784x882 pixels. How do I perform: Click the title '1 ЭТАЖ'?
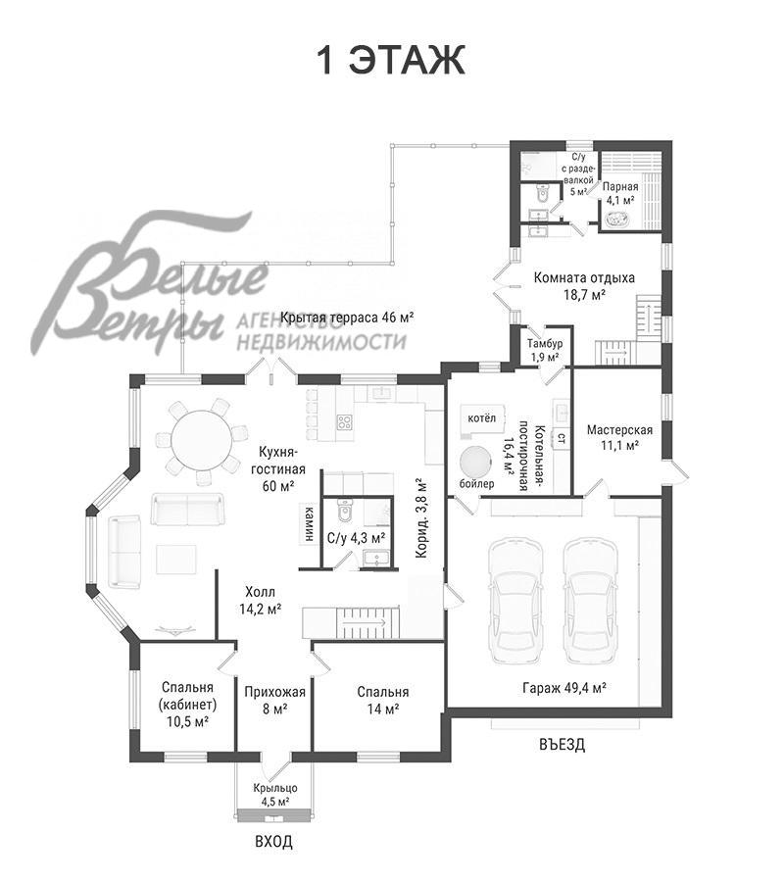pyautogui.click(x=391, y=60)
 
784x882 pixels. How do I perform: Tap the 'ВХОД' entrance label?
pyautogui.click(x=273, y=842)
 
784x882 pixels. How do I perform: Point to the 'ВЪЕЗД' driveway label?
pyautogui.click(x=562, y=744)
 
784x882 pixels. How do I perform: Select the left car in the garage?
pyautogui.click(x=516, y=601)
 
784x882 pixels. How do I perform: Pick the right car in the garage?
pyautogui.click(x=591, y=601)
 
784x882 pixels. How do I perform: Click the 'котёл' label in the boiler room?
pyautogui.click(x=482, y=417)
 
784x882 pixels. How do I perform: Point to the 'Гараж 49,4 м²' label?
pyautogui.click(x=564, y=687)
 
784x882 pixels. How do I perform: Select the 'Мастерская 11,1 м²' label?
pyautogui.click(x=619, y=438)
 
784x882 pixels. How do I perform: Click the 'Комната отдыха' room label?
pyautogui.click(x=584, y=277)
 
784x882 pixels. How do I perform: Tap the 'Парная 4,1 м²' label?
pyautogui.click(x=620, y=193)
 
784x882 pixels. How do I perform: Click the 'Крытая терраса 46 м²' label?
pyautogui.click(x=347, y=317)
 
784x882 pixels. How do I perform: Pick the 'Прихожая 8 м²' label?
pyautogui.click(x=274, y=701)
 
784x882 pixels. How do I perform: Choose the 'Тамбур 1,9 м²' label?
pyautogui.click(x=545, y=350)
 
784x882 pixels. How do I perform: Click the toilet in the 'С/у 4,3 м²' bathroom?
pyautogui.click(x=344, y=511)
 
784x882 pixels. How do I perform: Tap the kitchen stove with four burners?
pyautogui.click(x=345, y=422)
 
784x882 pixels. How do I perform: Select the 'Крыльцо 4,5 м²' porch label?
pyautogui.click(x=275, y=795)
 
